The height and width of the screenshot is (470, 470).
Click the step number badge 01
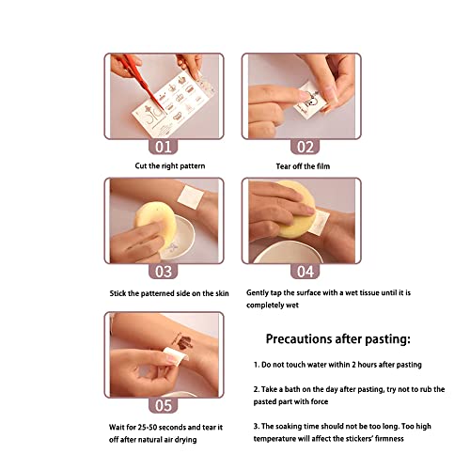163,147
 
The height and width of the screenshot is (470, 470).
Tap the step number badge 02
305,147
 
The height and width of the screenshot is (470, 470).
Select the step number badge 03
163,272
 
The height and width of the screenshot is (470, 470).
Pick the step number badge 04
305,272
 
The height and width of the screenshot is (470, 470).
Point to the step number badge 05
163,405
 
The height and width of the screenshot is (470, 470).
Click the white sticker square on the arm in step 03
190,196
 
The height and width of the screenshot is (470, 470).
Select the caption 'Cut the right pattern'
170,165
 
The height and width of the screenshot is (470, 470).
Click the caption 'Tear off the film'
303,166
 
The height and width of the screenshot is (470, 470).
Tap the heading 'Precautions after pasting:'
337,339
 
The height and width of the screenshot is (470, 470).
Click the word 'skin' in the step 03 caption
222,293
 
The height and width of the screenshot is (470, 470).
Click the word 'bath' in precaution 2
292,389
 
